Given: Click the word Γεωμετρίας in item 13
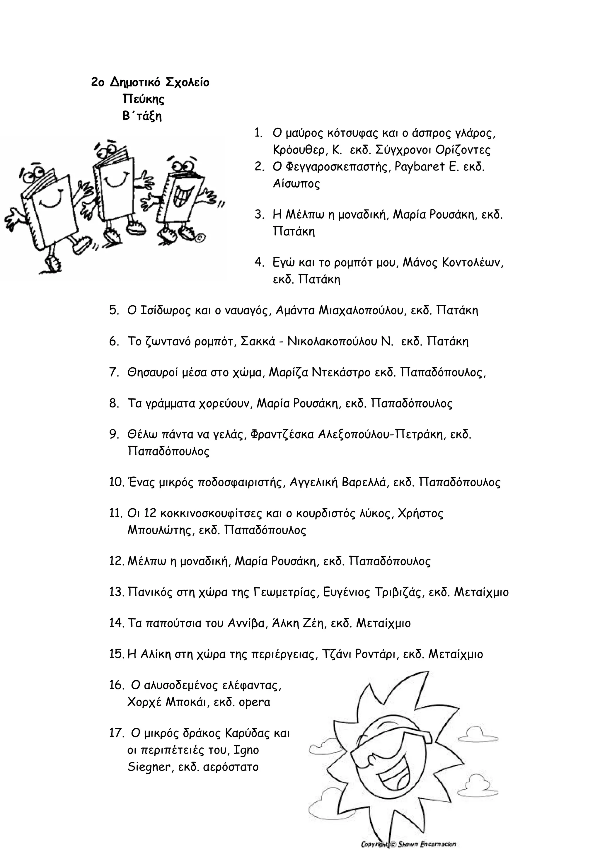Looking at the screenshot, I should coord(286,592).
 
